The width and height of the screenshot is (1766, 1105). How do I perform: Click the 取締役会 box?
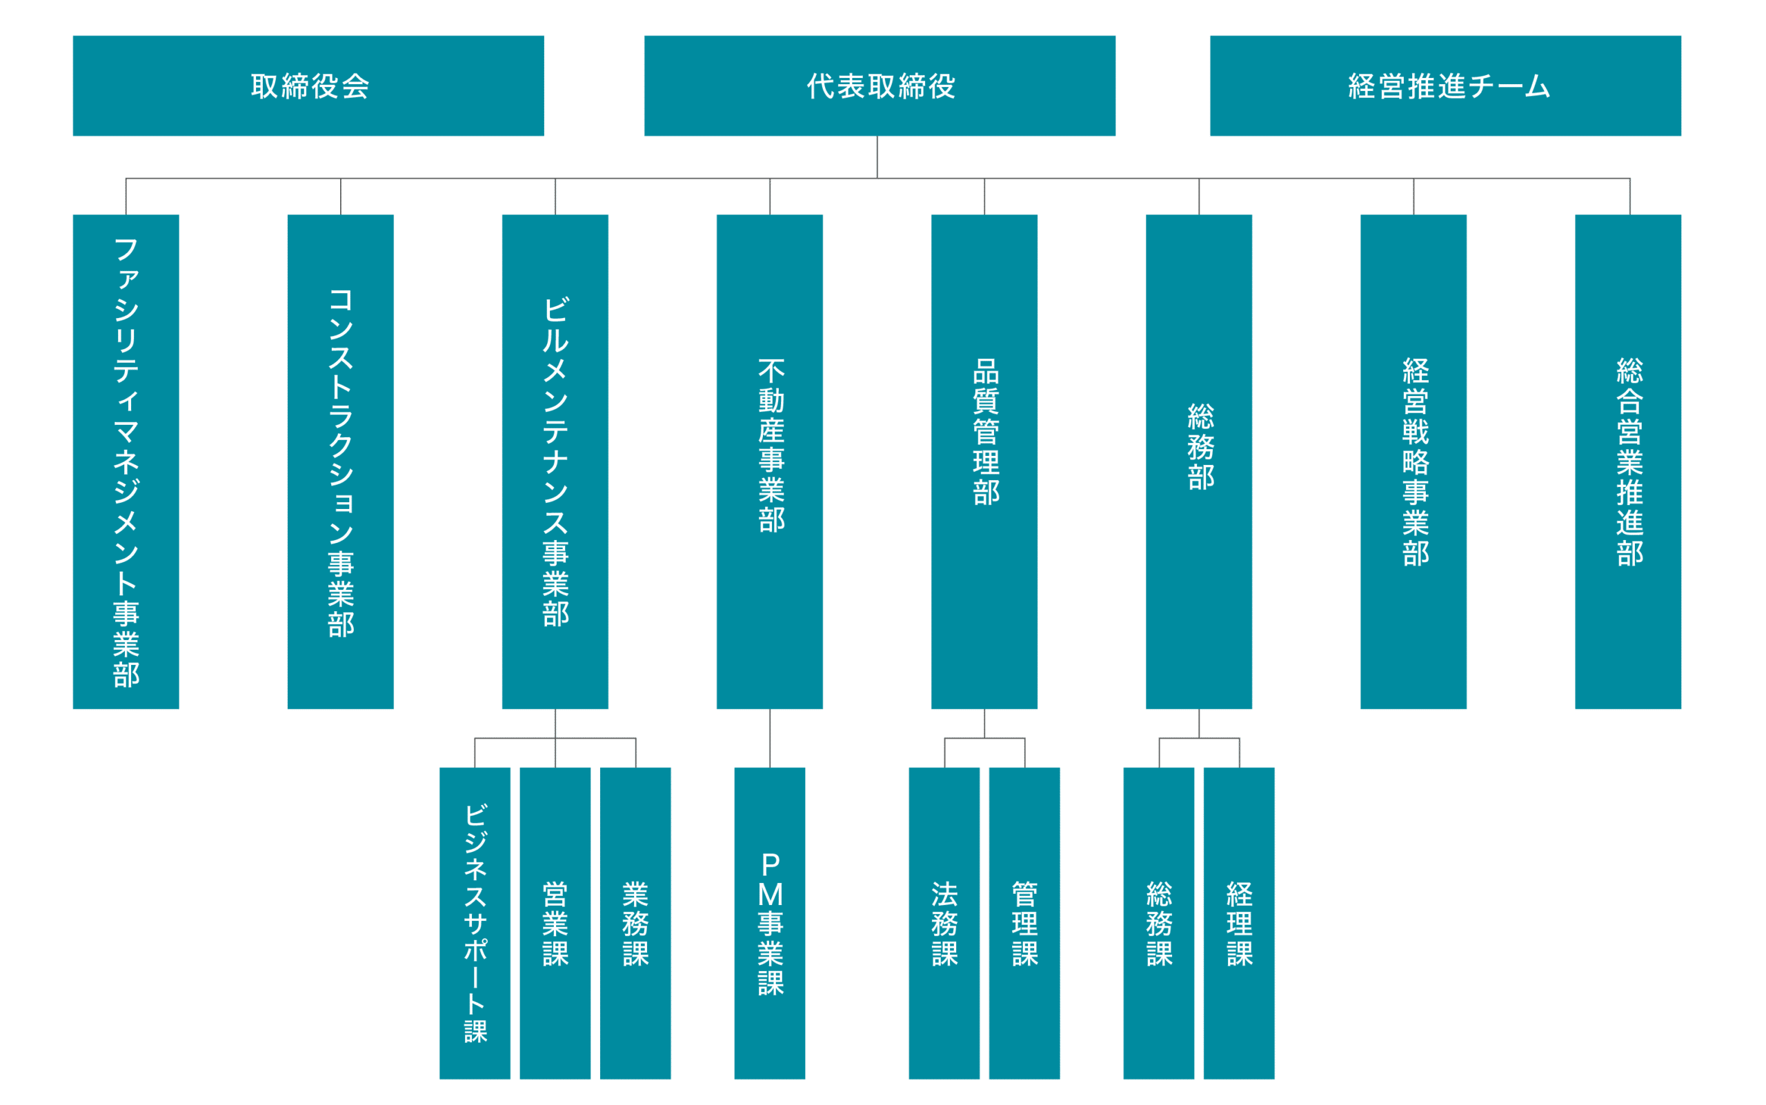coord(308,86)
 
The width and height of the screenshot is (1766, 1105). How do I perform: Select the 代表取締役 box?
coord(880,86)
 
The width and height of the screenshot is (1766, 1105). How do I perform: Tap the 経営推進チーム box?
coord(1445,86)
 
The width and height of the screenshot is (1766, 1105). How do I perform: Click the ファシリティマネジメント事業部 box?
coord(126,462)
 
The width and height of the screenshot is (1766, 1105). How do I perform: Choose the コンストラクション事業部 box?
coord(341,462)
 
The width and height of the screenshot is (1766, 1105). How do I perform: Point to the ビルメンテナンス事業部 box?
coord(555,462)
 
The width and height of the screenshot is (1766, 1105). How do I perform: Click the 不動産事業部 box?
coord(770,462)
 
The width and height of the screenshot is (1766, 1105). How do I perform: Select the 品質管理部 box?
coord(984,462)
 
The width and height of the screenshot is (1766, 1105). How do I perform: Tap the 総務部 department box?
coord(1199,462)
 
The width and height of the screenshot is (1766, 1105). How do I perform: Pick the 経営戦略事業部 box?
coord(1413,462)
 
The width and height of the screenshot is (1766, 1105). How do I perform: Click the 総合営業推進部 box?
coord(1628,462)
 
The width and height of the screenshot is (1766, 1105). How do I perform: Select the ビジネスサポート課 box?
coord(475,922)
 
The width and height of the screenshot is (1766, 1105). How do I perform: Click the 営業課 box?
coord(555,922)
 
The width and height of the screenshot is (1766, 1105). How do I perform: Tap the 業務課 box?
coord(635,922)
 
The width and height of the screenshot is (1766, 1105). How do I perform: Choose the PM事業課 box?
coord(770,922)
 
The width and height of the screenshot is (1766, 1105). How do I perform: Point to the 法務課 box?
coord(944,922)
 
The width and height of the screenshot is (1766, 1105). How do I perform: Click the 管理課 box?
coord(1024,922)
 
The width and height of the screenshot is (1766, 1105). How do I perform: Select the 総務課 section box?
coord(1158,922)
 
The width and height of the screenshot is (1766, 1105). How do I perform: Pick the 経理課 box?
coord(1239,922)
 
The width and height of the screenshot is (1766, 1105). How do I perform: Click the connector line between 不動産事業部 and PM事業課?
coord(770,738)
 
